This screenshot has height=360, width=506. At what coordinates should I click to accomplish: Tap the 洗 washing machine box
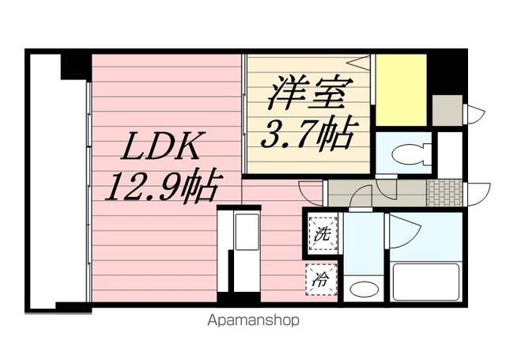322,235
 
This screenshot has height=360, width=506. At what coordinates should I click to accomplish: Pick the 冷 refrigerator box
322,278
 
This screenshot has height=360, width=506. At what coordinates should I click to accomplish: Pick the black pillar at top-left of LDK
77,63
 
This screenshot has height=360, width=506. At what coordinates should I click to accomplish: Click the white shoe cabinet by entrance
450,154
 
